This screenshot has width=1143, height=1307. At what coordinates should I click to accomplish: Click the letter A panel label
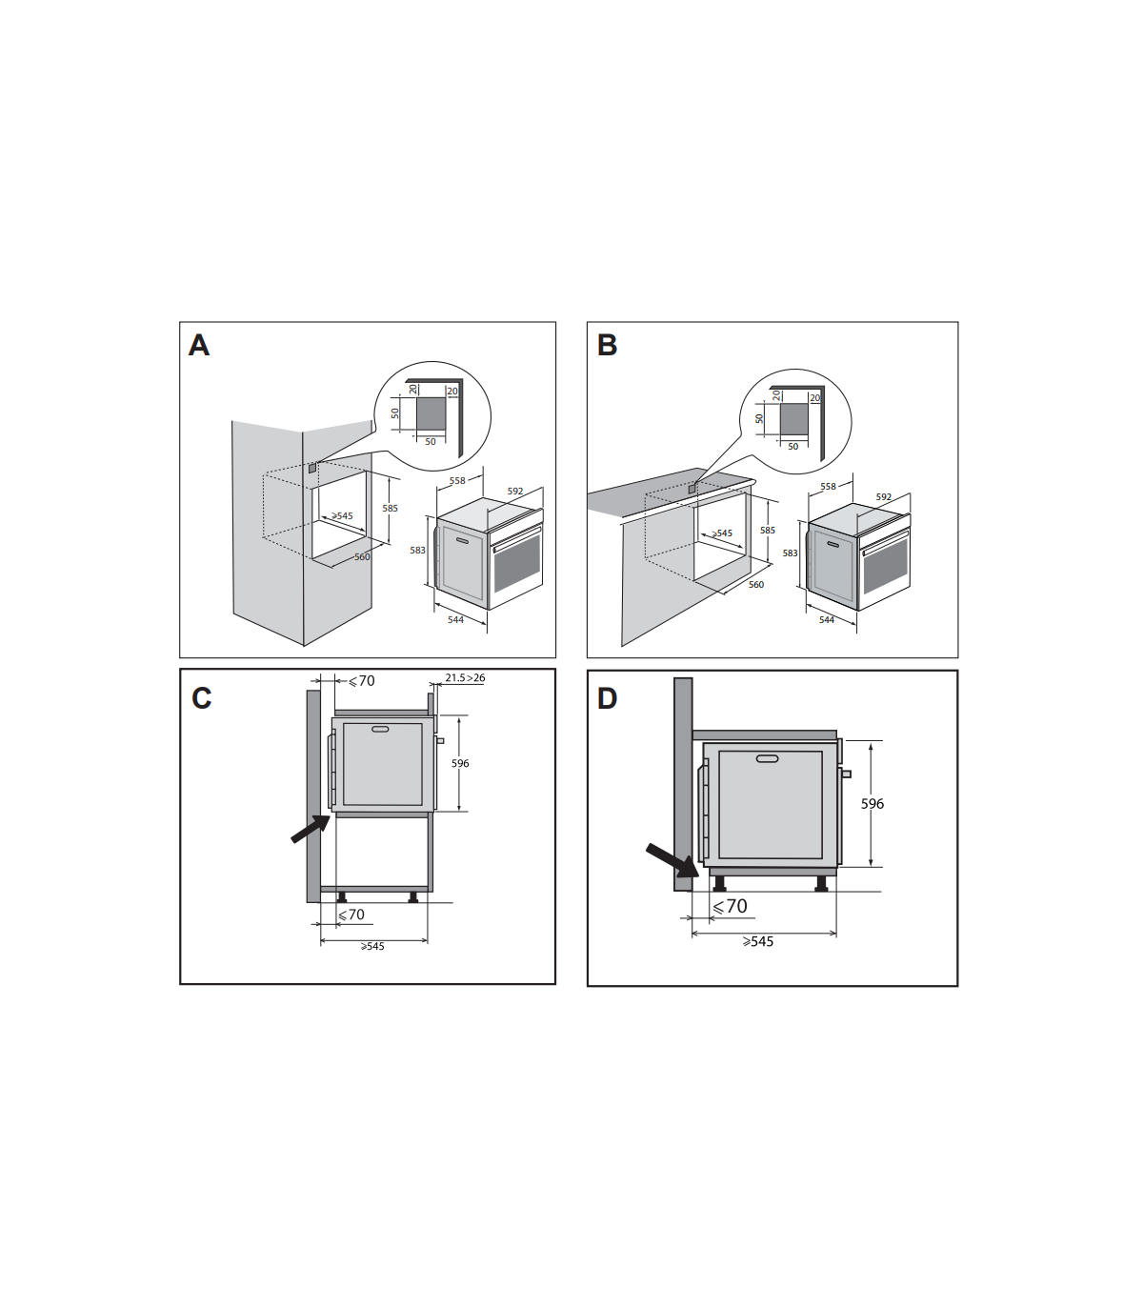198,346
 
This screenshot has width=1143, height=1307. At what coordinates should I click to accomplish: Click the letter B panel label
608,346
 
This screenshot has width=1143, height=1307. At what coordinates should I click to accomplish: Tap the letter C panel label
202,698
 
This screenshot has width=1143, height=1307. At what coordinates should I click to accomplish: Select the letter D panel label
608,699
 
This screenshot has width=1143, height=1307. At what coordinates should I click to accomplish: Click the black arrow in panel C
311,829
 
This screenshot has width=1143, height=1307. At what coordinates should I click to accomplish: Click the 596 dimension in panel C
460,763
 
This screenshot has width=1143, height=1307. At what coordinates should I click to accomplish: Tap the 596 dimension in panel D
872,804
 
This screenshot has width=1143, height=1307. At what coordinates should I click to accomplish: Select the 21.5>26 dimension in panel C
465,677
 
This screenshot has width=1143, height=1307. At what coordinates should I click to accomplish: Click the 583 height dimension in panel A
417,550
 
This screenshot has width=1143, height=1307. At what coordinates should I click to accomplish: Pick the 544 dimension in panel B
826,619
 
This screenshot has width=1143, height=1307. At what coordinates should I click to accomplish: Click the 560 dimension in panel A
362,557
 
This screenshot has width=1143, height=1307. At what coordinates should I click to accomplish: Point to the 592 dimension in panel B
884,497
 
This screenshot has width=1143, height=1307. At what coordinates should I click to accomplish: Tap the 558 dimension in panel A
457,481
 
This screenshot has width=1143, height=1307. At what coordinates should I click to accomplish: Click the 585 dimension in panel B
768,531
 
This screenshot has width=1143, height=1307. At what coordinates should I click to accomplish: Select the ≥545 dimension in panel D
758,941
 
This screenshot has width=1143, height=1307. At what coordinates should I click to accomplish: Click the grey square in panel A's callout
431,414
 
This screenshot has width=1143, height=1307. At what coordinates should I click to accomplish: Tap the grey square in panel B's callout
793,418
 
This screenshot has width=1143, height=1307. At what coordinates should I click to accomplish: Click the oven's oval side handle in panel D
767,759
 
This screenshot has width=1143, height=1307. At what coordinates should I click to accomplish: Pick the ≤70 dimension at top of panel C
362,681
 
